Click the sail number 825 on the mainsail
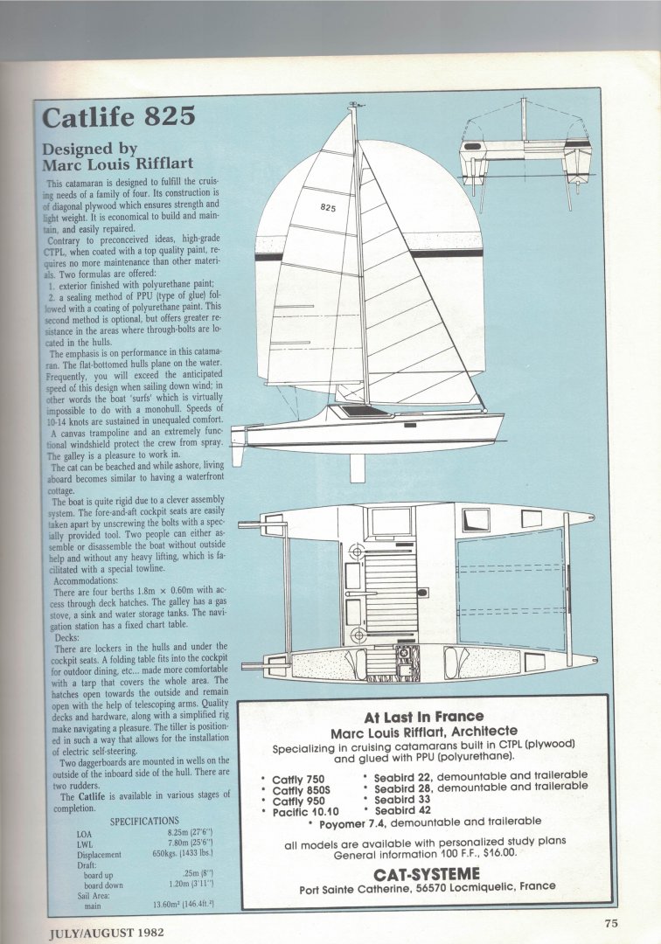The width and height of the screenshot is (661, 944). click(328, 208)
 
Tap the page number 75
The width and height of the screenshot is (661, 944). click(610, 922)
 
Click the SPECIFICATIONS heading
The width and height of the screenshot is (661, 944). click(144, 821)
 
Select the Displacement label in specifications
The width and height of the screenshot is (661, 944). click(99, 854)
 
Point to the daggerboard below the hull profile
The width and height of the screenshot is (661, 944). click(357, 469)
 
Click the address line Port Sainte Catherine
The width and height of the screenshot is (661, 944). click(428, 886)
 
